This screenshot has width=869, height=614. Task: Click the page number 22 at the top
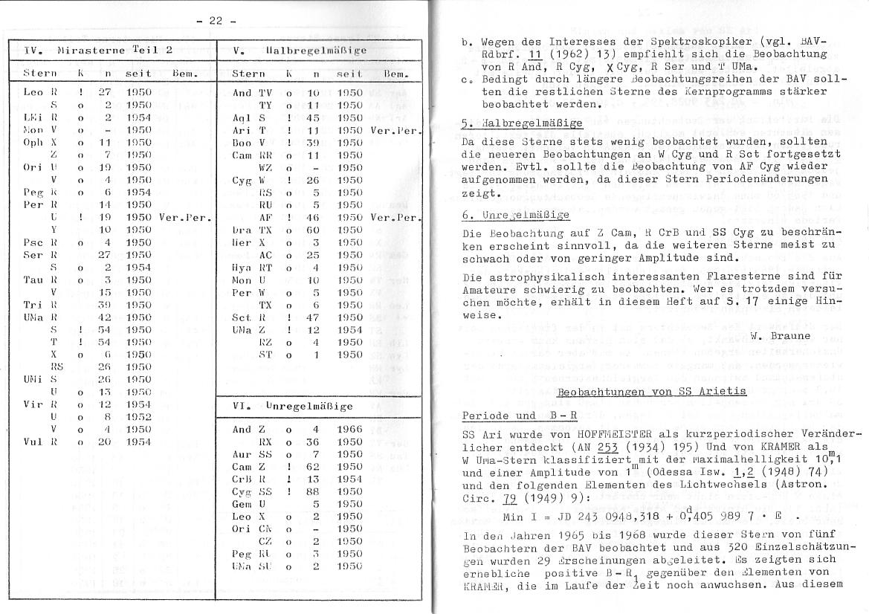click(216, 21)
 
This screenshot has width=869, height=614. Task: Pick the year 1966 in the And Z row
click(349, 429)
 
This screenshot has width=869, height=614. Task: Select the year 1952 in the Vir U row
click(139, 417)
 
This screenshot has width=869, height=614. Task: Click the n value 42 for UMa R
click(105, 316)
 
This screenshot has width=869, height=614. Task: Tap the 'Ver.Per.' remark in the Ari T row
click(401, 130)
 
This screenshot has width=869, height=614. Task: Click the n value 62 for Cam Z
click(314, 466)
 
